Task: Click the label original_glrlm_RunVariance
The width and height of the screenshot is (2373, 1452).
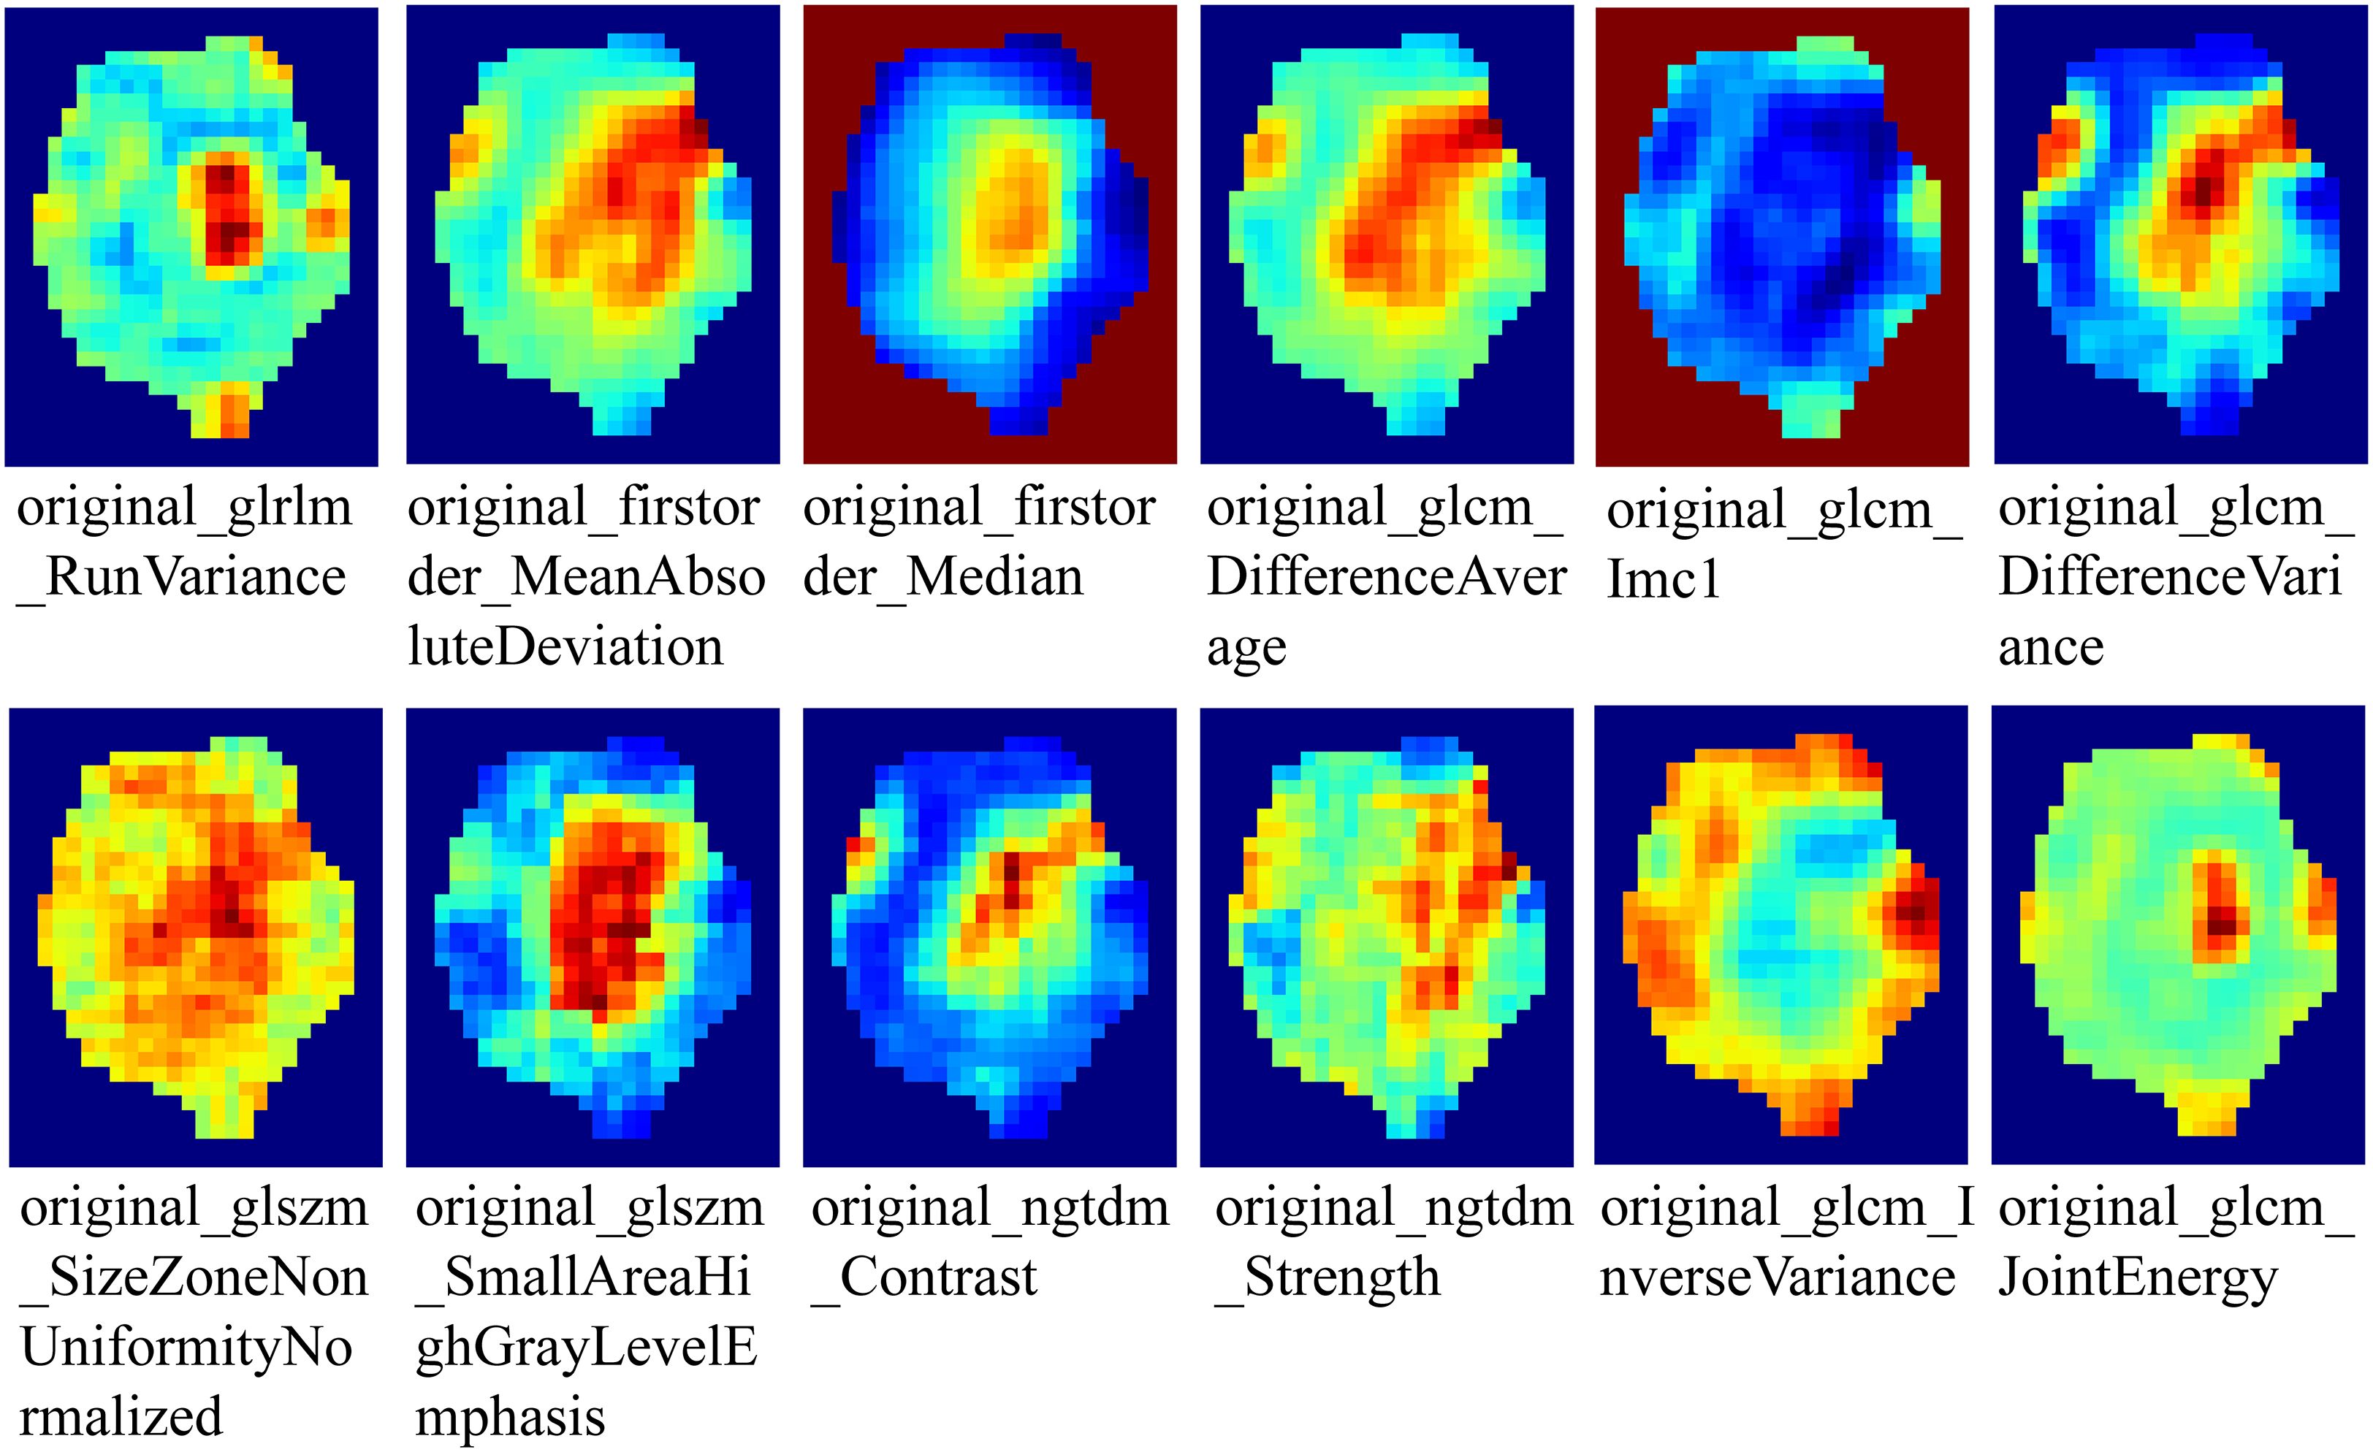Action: click(183, 542)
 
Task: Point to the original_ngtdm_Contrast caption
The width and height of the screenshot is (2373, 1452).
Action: click(989, 1242)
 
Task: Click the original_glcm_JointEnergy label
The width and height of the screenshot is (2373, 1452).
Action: click(2174, 1242)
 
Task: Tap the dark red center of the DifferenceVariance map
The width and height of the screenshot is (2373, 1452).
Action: click(2201, 188)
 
